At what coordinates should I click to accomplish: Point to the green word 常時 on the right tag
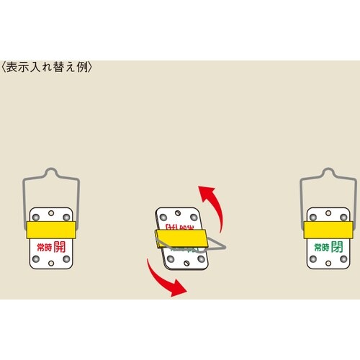(x=319, y=249)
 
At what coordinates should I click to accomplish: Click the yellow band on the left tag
(x=49, y=230)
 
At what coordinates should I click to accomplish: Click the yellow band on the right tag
(x=328, y=230)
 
